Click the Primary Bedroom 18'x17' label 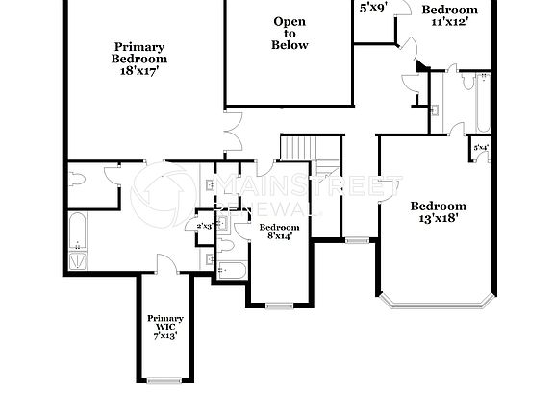[139, 59]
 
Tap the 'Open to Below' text [290, 34]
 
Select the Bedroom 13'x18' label [438, 212]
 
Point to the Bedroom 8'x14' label [275, 232]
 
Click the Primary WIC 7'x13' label [164, 328]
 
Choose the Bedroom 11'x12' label [449, 16]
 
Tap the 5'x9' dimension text [373, 8]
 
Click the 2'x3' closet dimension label [205, 226]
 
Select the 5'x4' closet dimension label [480, 148]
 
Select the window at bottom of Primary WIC [164, 379]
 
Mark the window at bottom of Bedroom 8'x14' [279, 305]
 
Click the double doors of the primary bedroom [232, 133]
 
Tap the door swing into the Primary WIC [165, 262]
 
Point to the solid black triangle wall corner [420, 66]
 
